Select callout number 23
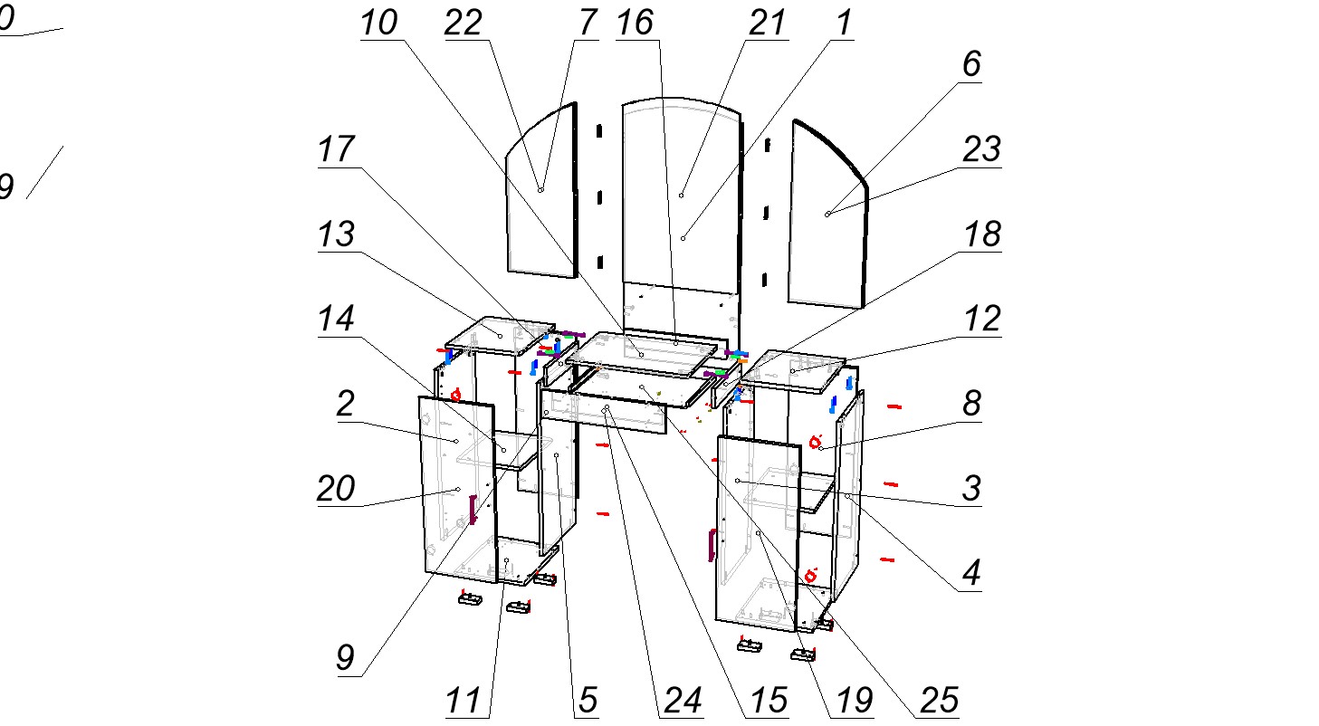tap(980, 149)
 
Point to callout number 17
tap(337, 150)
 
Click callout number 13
tap(335, 235)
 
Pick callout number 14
tap(335, 319)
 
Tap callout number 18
tap(981, 234)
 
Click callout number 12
tap(981, 319)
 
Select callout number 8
tap(971, 404)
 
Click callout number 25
tap(939, 700)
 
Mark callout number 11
tap(464, 700)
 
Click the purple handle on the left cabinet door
tap(472, 509)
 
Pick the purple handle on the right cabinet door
tap(712, 544)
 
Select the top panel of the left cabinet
tap(500, 334)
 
